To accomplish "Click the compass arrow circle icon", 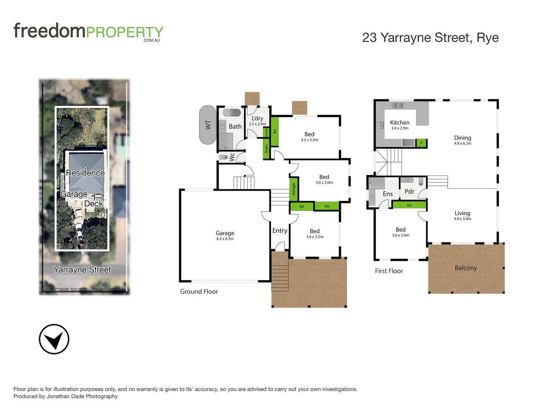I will pyautogui.click(x=54, y=339).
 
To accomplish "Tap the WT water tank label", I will pyautogui.click(x=208, y=125).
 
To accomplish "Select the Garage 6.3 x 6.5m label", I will pyautogui.click(x=225, y=235).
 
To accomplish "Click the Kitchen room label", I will pyautogui.click(x=399, y=123).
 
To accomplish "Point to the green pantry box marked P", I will pyautogui.click(x=421, y=143).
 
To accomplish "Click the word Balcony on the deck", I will pyautogui.click(x=466, y=268).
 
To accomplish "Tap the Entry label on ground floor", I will pyautogui.click(x=280, y=231).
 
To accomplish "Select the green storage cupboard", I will pyautogui.click(x=293, y=189).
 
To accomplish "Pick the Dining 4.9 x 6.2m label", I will pyautogui.click(x=463, y=140).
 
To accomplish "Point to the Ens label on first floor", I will pyautogui.click(x=388, y=194).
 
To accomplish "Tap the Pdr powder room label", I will pyautogui.click(x=409, y=192).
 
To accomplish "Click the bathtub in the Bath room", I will pyautogui.click(x=231, y=113).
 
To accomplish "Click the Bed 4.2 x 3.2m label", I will pyautogui.click(x=309, y=137).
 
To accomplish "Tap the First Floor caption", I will pyautogui.click(x=389, y=271).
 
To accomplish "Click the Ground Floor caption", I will pyautogui.click(x=199, y=291).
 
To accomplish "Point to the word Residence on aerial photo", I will pyautogui.click(x=85, y=173).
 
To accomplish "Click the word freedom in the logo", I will pyautogui.click(x=49, y=31).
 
